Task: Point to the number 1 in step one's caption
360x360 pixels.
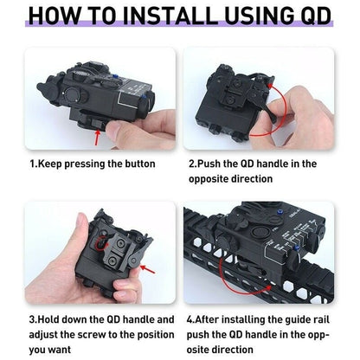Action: point(32,163)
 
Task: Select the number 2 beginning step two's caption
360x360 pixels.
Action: point(191,163)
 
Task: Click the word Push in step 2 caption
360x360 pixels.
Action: point(212,163)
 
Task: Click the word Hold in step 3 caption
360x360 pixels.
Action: point(51,320)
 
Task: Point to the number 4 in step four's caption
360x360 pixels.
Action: point(191,320)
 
